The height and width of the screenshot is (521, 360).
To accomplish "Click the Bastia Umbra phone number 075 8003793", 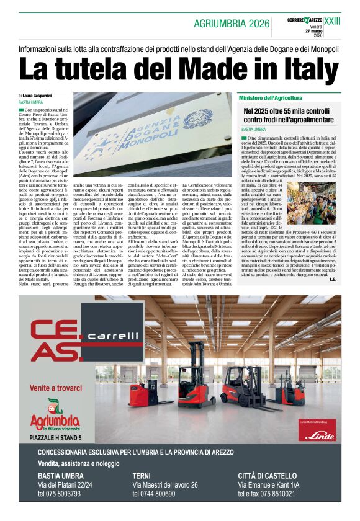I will pyautogui.click(x=59, y=494).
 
